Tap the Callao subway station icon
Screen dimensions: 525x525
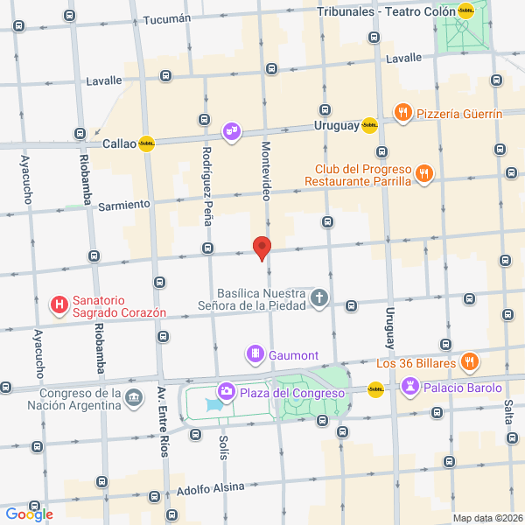pos(146,144)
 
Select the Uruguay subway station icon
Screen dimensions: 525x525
pos(369,125)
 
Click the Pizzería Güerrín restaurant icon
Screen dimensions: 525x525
pos(402,112)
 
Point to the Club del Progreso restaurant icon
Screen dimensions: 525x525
pos(423,173)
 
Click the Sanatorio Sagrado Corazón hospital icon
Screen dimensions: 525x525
pos(59,305)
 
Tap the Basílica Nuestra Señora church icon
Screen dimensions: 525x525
pos(319,298)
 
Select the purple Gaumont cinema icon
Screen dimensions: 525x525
pos(255,354)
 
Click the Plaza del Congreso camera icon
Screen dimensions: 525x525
pos(226,391)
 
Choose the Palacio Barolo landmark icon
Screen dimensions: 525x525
pos(410,387)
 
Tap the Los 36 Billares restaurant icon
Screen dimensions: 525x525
pos(470,361)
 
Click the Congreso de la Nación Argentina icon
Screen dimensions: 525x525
pos(134,398)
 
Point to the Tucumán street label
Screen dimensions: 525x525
pos(166,19)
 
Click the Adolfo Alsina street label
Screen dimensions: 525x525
pos(210,488)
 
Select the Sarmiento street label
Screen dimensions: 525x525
pos(124,205)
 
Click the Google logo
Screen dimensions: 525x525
pos(29,514)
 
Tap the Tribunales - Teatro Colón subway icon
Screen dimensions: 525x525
pos(466,11)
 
